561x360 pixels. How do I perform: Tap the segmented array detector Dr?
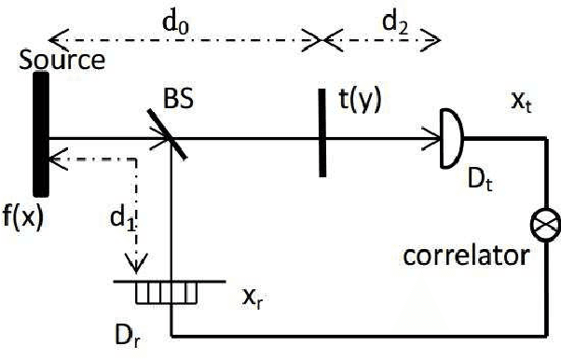coord(166,294)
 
